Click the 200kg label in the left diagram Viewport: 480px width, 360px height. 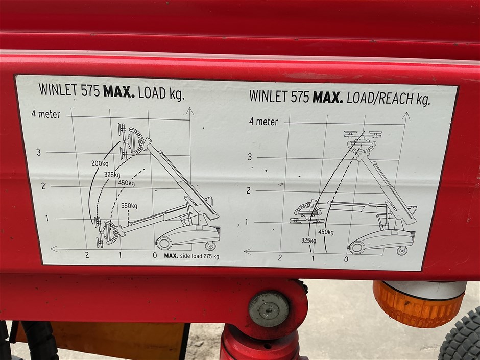click(x=100, y=164)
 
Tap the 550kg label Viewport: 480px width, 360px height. click(x=129, y=206)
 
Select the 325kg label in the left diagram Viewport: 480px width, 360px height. click(x=112, y=175)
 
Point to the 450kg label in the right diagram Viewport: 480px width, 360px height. click(x=326, y=232)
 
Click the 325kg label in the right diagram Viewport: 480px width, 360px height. click(x=308, y=241)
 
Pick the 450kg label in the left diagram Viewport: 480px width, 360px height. click(x=127, y=183)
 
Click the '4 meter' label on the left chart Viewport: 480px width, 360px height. click(x=46, y=114)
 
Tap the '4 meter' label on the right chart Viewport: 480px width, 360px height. click(x=263, y=122)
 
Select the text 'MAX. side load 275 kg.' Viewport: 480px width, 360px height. click(x=192, y=256)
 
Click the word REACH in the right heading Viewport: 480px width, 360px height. click(x=396, y=98)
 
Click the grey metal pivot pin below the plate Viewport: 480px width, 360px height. click(x=269, y=309)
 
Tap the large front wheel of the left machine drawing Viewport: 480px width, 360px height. click(x=164, y=244)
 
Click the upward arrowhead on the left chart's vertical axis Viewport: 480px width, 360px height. click(x=190, y=111)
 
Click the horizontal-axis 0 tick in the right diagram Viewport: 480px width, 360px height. click(x=346, y=260)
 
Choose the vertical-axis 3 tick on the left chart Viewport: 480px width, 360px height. click(x=39, y=152)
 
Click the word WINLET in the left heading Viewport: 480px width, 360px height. click(x=58, y=90)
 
